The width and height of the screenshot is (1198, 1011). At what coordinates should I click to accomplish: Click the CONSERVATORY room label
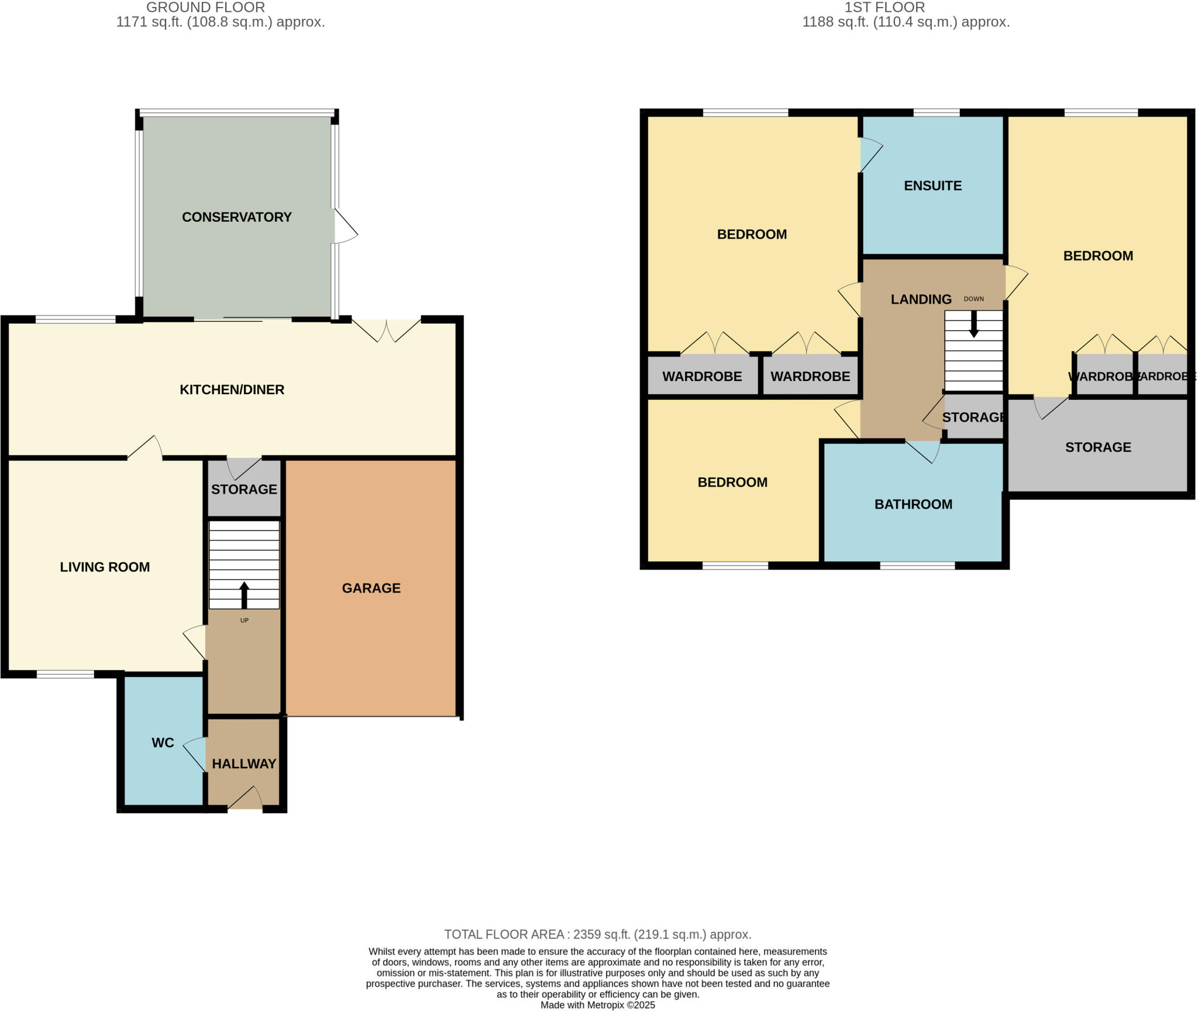coord(236,217)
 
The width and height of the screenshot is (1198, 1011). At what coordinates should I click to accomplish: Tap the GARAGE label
coord(371,588)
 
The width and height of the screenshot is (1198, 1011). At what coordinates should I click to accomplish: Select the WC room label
coord(163,743)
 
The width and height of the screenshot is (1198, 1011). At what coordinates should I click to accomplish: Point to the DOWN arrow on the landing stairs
coord(973,324)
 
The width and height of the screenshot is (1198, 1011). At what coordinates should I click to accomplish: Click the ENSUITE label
coord(932,186)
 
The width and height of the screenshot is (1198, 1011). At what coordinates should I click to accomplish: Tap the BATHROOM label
coord(913,505)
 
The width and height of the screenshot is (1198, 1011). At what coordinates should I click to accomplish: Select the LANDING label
coord(921,300)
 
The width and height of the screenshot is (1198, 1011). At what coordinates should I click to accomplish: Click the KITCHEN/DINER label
coord(232,390)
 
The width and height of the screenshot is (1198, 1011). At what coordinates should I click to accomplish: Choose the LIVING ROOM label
coord(105,567)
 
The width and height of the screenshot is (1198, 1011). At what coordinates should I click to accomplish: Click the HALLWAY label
coord(244,764)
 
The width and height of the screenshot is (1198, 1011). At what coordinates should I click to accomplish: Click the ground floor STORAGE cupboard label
coord(244,489)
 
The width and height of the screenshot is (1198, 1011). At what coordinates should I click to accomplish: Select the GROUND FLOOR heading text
coord(205,8)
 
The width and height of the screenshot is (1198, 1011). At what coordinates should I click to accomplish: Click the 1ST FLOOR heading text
coord(884,8)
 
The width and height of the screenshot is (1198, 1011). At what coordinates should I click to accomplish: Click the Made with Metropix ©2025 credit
coord(597,1005)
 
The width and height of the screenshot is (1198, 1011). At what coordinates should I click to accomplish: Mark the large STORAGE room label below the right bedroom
coord(1097,447)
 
